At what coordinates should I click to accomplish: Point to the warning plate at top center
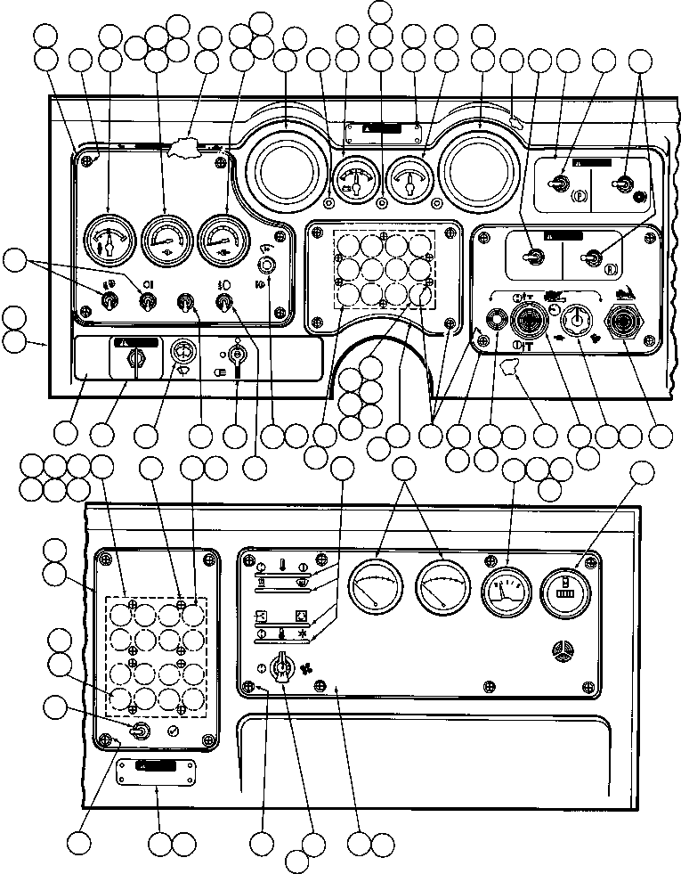383,131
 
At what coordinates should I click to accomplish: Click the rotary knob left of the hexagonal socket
578,318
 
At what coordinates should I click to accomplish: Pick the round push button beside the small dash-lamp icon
264,265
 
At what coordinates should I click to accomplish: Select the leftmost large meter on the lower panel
375,587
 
